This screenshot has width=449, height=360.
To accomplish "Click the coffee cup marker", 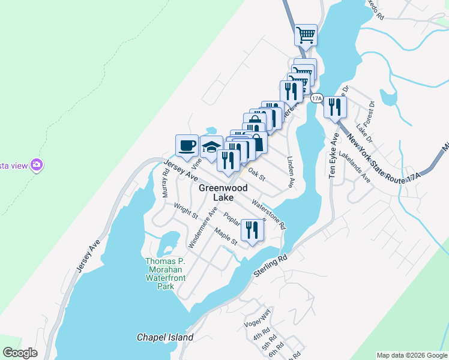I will (x=187, y=145).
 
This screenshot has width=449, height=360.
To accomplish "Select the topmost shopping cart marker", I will (x=306, y=35).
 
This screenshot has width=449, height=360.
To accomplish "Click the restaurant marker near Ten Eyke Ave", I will (x=335, y=107).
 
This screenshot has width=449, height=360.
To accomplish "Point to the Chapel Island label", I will (x=165, y=337).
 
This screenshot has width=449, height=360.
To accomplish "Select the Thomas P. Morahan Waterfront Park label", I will (x=166, y=274).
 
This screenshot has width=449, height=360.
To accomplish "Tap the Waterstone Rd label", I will (x=269, y=215).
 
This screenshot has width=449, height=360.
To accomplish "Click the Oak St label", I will (x=256, y=174).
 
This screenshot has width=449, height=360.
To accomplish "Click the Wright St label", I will (x=186, y=213).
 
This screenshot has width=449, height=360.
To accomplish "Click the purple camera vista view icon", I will (x=37, y=164).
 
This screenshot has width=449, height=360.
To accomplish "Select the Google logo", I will (x=20, y=352).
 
